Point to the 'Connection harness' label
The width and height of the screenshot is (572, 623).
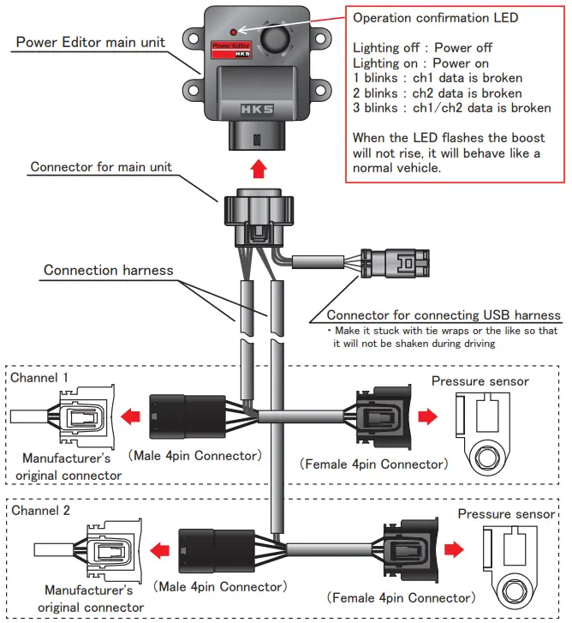[108, 270]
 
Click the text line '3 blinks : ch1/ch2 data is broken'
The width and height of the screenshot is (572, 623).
[452, 108]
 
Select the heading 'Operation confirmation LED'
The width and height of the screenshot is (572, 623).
[434, 18]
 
